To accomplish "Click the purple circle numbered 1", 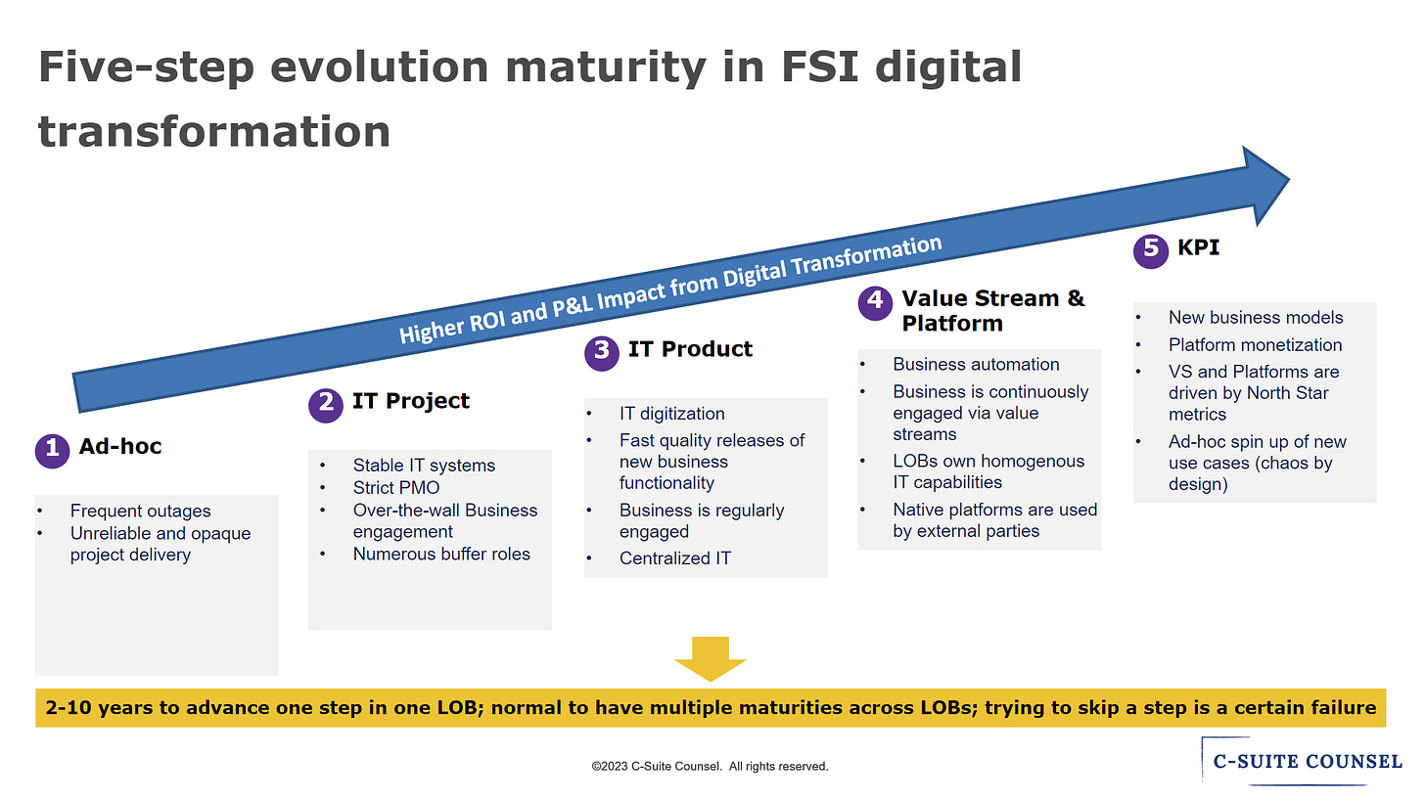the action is [52, 451].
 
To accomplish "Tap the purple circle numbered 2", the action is [326, 405].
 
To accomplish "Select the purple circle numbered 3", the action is [601, 353].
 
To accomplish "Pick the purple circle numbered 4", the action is [875, 302].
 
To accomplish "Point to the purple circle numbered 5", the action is [1150, 250].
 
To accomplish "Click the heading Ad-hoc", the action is [120, 446].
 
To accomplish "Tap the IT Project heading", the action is [411, 401].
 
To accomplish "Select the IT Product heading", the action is [690, 348].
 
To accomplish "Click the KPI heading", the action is [1199, 246].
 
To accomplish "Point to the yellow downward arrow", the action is [710, 658].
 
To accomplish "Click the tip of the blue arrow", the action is [1289, 180].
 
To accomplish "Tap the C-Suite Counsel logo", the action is [1303, 761].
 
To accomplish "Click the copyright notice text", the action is [710, 766].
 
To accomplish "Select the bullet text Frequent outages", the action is [141, 511].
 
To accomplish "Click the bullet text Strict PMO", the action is [396, 488].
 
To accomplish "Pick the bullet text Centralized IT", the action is [675, 558].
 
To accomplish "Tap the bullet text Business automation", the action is [976, 364].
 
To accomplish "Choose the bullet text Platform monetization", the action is [1255, 344].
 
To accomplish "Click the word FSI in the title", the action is [820, 67].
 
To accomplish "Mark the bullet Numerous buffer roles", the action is [441, 554].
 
